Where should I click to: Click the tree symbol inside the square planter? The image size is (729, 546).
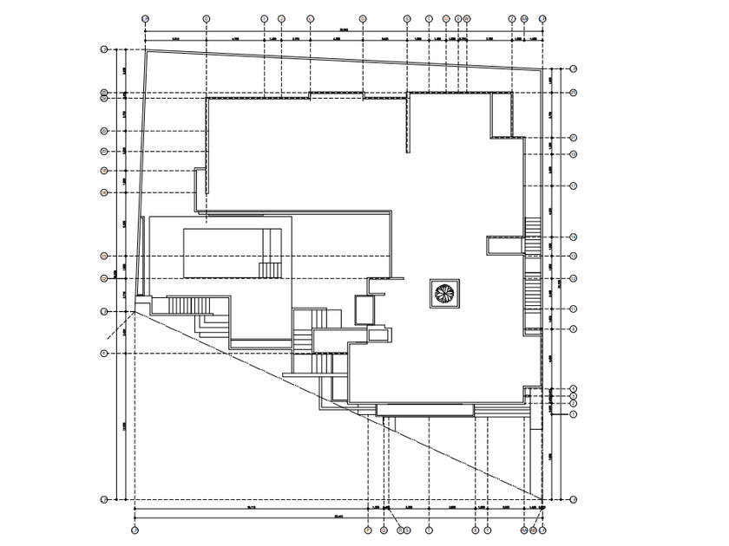tap(443, 293)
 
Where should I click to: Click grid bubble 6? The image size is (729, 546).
tap(103, 353)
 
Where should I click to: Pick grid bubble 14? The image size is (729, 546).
tap(574, 237)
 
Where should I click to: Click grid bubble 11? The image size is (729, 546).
tap(574, 309)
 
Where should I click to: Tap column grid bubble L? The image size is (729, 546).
tap(310, 17)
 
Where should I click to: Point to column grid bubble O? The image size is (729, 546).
tap(363, 17)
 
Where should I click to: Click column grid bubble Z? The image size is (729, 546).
tap(512, 17)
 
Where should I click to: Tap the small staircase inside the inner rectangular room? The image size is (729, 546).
tap(271, 269)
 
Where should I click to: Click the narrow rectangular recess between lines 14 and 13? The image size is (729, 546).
tap(503, 247)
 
